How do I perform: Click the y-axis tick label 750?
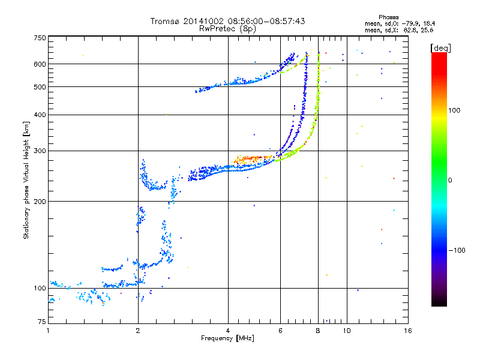pyautogui.click(x=39, y=38)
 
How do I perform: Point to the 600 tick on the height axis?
pyautogui.click(x=39, y=64)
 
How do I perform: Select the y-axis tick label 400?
pyautogui.click(x=39, y=115)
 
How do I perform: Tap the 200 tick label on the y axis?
pyautogui.click(x=39, y=201)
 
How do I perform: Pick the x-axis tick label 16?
pyautogui.click(x=408, y=331)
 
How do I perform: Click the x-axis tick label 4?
pyautogui.click(x=228, y=331)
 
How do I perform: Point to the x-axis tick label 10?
pyautogui.click(x=346, y=331)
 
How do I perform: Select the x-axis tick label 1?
pyautogui.click(x=48, y=331)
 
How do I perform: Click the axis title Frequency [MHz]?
pyautogui.click(x=227, y=338)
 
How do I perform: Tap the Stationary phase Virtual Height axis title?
pyautogui.click(x=26, y=181)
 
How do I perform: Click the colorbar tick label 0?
pyautogui.click(x=450, y=180)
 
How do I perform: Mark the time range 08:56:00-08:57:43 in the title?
pyautogui.click(x=261, y=21)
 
